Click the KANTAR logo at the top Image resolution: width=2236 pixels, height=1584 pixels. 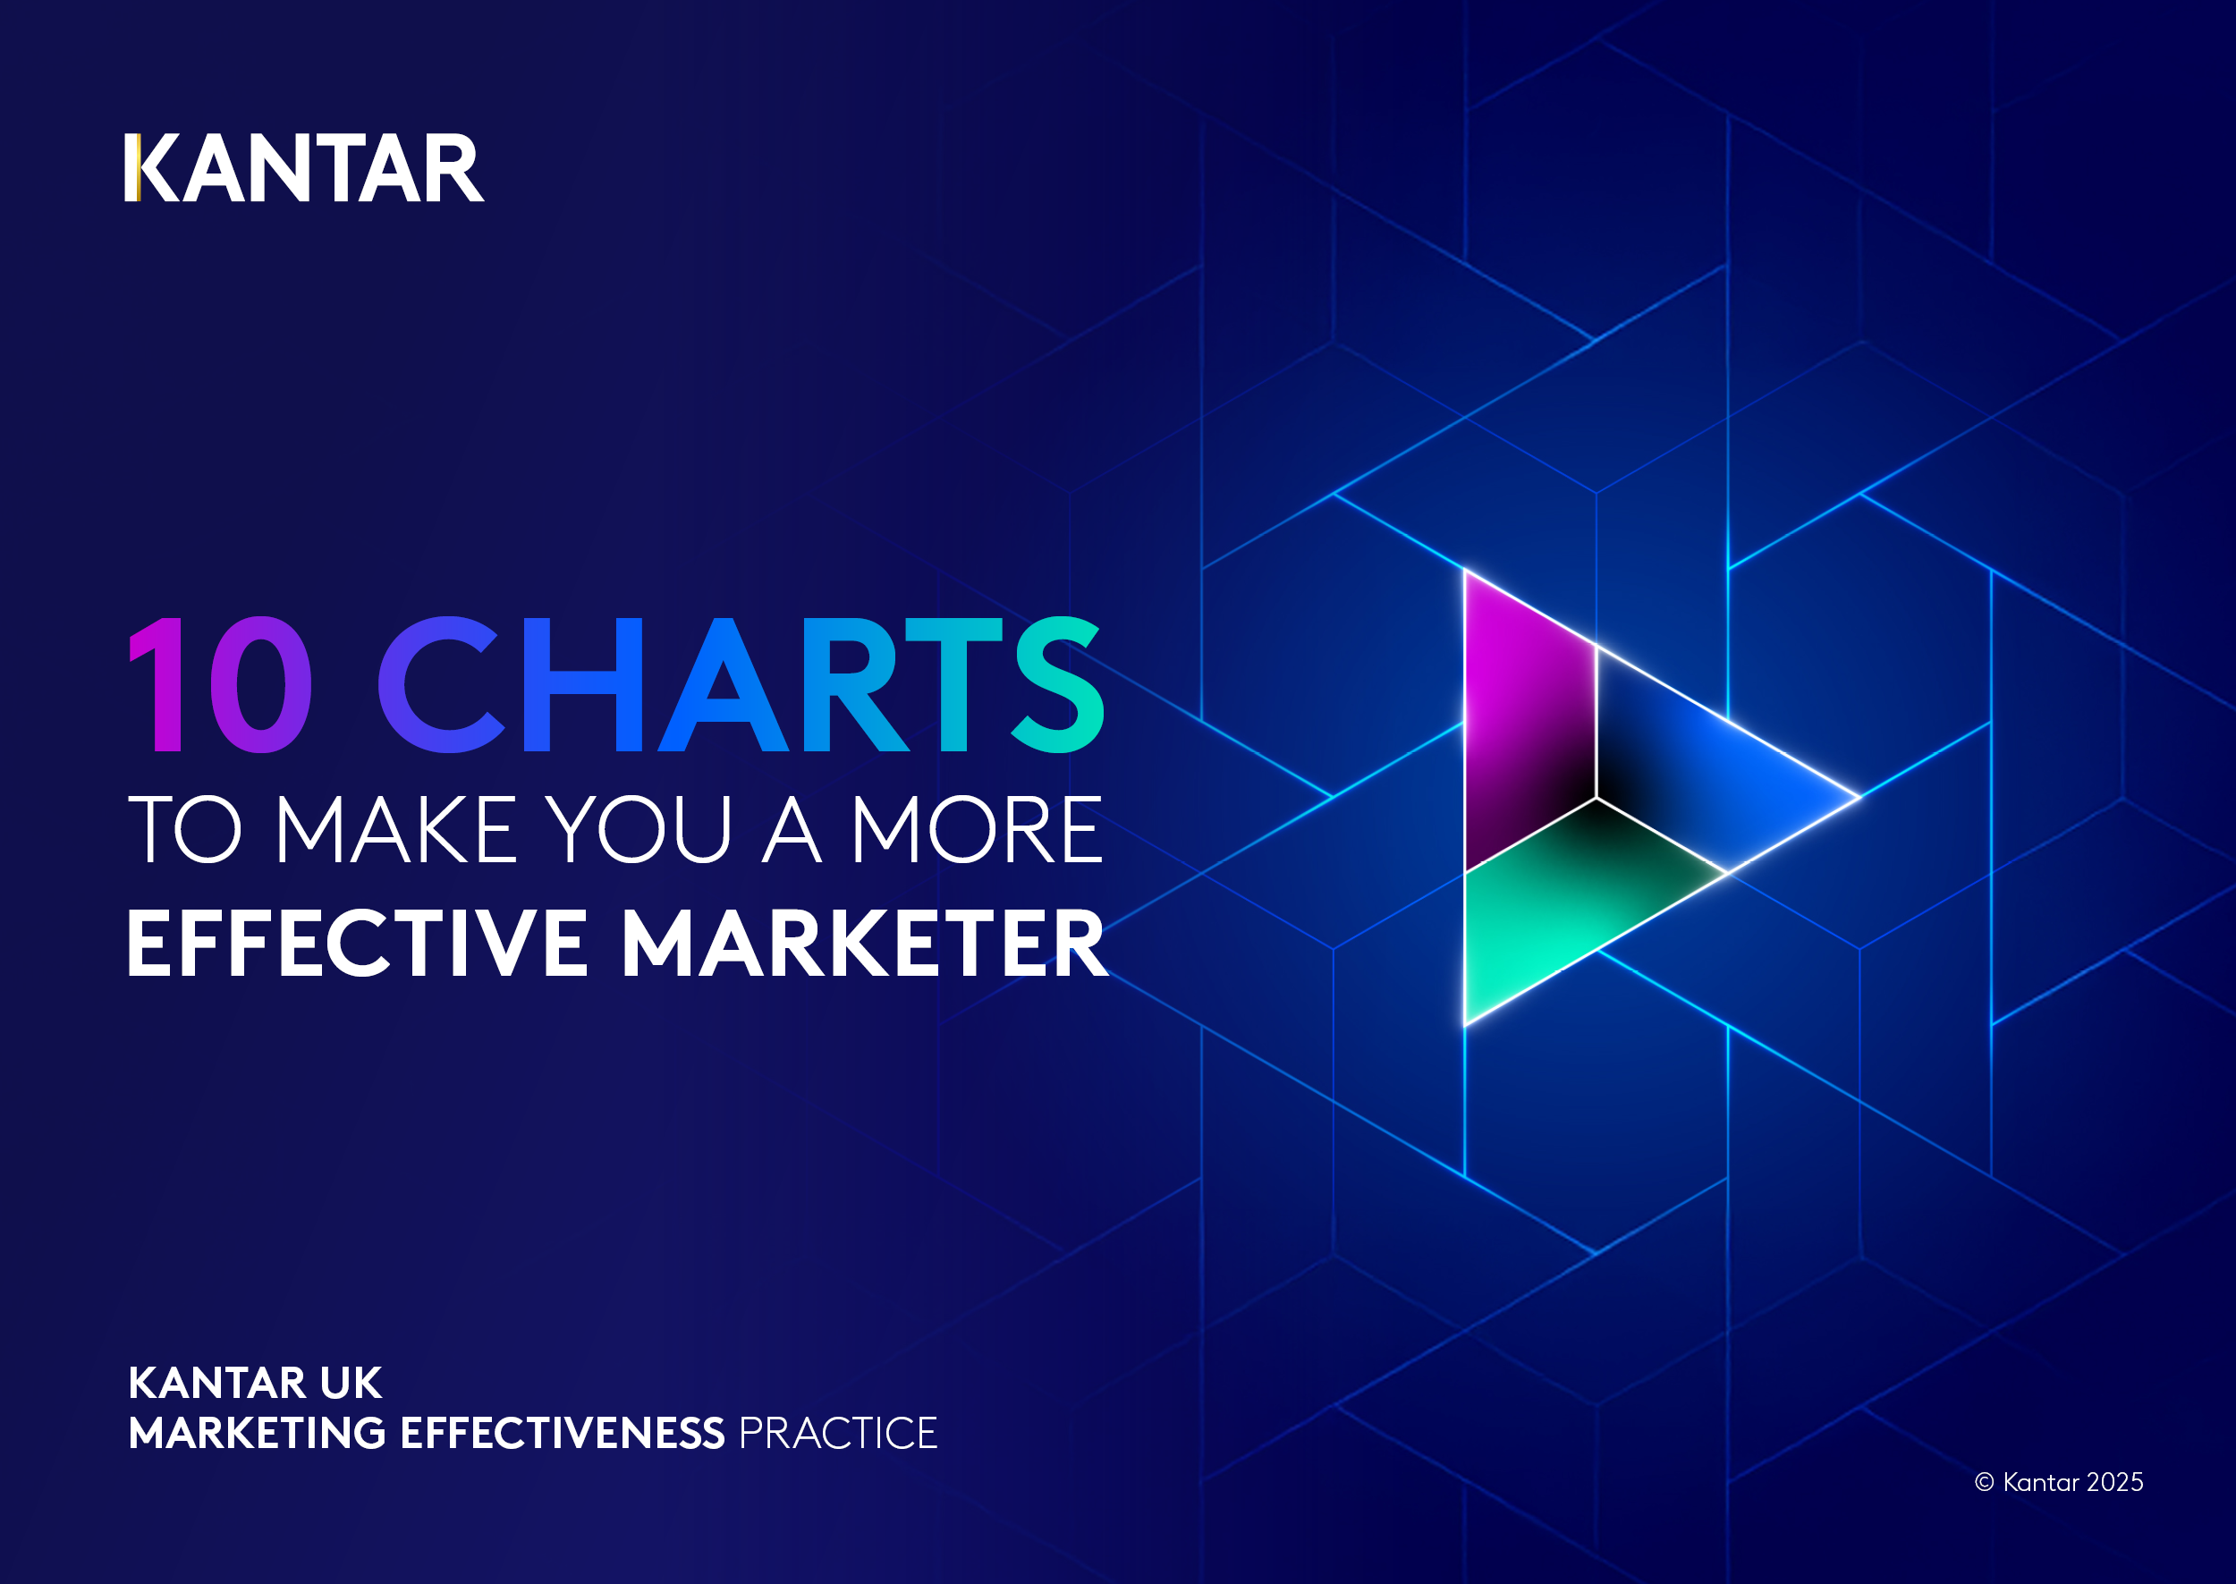[x=304, y=169]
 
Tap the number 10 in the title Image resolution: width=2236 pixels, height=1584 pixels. [x=220, y=685]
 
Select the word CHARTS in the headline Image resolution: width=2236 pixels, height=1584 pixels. [x=741, y=685]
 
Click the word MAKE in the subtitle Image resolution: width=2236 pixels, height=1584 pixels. [x=395, y=830]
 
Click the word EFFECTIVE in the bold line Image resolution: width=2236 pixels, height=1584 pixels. [x=357, y=944]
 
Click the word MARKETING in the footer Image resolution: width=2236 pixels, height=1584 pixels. [x=258, y=1433]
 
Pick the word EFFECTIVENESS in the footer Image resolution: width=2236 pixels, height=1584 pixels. [x=563, y=1433]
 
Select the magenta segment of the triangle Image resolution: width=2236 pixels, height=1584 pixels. [x=1526, y=722]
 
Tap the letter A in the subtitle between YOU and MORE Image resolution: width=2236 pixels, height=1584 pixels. [x=791, y=830]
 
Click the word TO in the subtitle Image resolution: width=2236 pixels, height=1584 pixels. [x=184, y=830]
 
